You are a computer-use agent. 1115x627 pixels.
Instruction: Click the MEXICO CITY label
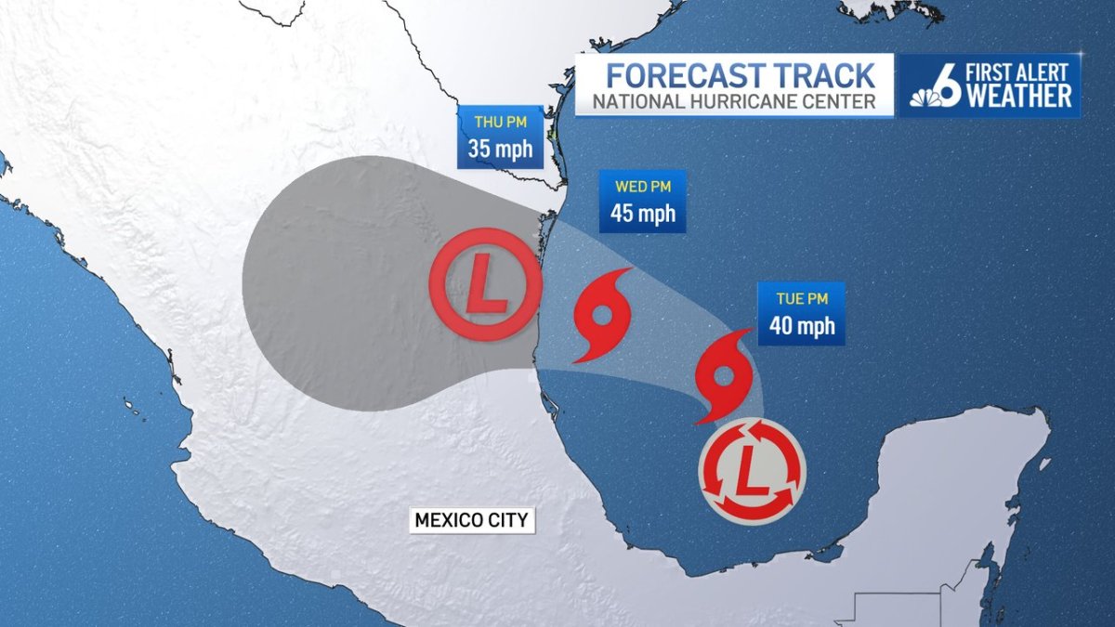472,520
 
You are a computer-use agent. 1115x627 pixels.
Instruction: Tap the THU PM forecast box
500,137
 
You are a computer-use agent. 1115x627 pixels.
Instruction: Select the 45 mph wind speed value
643,214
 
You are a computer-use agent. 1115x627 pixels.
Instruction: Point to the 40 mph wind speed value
802,326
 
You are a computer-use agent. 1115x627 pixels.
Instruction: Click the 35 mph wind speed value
500,148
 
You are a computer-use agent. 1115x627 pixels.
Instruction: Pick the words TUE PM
802,299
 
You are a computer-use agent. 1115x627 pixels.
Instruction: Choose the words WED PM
643,187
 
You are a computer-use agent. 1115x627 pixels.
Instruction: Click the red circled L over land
485,282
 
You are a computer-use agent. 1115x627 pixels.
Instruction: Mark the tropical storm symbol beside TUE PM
724,374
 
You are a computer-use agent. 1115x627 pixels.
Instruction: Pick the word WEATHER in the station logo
1019,96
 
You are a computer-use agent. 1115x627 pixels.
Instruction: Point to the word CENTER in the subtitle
841,101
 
